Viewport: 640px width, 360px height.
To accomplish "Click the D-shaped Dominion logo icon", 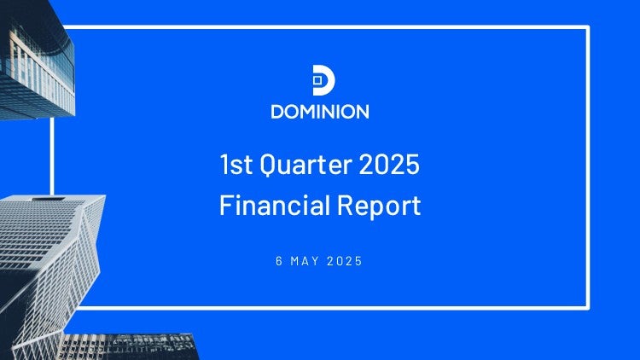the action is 323,80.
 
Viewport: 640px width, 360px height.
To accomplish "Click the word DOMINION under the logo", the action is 320,112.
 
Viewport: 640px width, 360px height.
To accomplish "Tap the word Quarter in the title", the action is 305,164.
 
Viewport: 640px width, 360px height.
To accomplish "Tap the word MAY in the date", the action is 305,261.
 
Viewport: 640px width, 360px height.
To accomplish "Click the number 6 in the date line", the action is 279,261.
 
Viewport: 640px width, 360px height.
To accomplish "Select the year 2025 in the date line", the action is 345,261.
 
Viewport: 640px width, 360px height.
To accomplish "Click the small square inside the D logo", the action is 317,80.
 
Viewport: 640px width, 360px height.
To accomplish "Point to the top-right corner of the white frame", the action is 588,27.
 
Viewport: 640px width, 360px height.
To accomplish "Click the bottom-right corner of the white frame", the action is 588,308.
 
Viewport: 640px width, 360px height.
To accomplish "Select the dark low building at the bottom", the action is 129,347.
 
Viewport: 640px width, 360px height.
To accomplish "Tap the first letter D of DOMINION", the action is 277,112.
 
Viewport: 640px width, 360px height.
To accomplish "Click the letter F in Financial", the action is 226,206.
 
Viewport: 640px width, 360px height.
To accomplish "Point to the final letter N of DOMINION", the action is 363,112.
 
